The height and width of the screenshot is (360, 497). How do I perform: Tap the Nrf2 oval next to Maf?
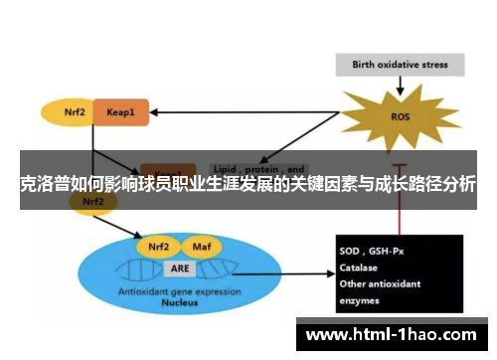[x=160, y=247]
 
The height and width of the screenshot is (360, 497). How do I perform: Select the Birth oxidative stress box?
[x=401, y=66]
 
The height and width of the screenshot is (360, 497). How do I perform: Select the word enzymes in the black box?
[x=359, y=298]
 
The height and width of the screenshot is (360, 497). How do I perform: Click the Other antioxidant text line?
[x=380, y=283]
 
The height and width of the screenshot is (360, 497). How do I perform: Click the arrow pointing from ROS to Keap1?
[x=248, y=110]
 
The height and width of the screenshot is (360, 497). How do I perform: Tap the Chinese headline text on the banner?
[x=248, y=184]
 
